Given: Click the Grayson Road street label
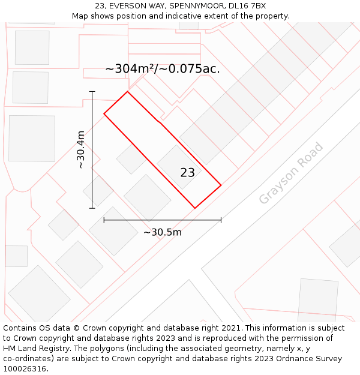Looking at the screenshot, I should pyautogui.click(x=291, y=173).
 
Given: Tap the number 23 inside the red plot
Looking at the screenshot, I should pyautogui.click(x=187, y=173).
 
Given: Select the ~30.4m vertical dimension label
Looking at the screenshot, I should pyautogui.click(x=81, y=149).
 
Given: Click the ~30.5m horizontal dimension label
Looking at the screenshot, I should pyautogui.click(x=162, y=232).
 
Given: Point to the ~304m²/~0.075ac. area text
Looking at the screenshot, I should pyautogui.click(x=162, y=69).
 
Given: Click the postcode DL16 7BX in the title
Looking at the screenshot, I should pyautogui.click(x=247, y=6).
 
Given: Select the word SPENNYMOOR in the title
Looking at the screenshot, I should pyautogui.click(x=193, y=6).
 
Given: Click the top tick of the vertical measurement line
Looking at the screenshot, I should pyautogui.click(x=92, y=91).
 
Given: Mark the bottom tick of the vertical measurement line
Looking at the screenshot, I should pyautogui.click(x=92, y=208).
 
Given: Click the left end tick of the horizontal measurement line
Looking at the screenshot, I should pyautogui.click(x=104, y=220).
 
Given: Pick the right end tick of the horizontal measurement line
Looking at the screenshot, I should pyautogui.click(x=221, y=220).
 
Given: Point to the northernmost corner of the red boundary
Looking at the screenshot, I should pyautogui.click(x=127, y=91).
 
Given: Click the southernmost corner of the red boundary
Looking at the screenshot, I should pyautogui.click(x=194, y=208).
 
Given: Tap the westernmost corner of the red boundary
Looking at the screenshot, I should pyautogui.click(x=104, y=113).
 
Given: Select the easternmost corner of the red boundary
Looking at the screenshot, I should pyautogui.click(x=221, y=185).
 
